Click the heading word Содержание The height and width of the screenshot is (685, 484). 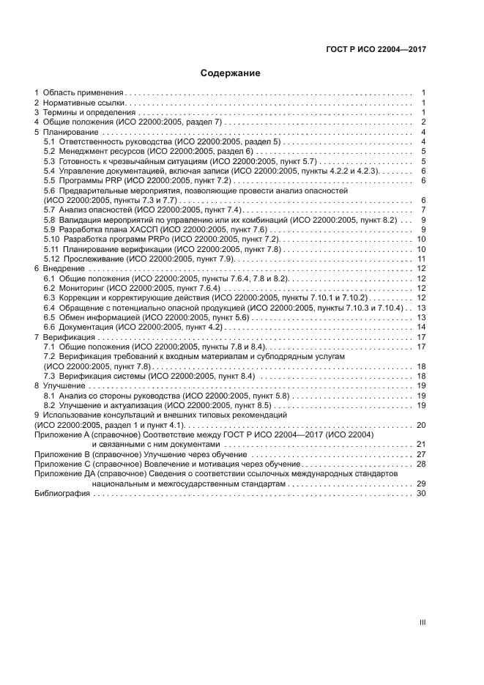click(231, 73)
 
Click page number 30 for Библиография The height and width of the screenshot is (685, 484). click(421, 494)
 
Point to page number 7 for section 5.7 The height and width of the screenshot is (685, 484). click(423, 210)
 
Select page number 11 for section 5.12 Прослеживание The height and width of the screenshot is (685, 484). click(421, 259)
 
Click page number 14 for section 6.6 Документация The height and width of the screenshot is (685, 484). click(421, 327)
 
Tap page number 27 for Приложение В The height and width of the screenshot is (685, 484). click(421, 455)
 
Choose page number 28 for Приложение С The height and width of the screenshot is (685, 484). click(421, 464)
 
